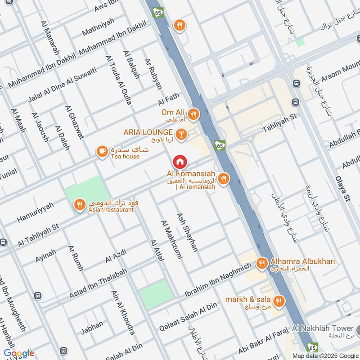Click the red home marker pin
pyautogui.click(x=180, y=162)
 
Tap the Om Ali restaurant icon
pyautogui.click(x=193, y=114)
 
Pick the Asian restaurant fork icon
pyautogui.click(x=80, y=205)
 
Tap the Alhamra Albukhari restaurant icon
pyautogui.click(x=261, y=263)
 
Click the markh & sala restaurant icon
pyautogui.click(x=279, y=301)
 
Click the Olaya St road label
pyautogui.click(x=342, y=189)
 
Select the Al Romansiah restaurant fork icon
pyautogui.click(x=223, y=180)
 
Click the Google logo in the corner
pyautogui.click(x=18, y=353)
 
